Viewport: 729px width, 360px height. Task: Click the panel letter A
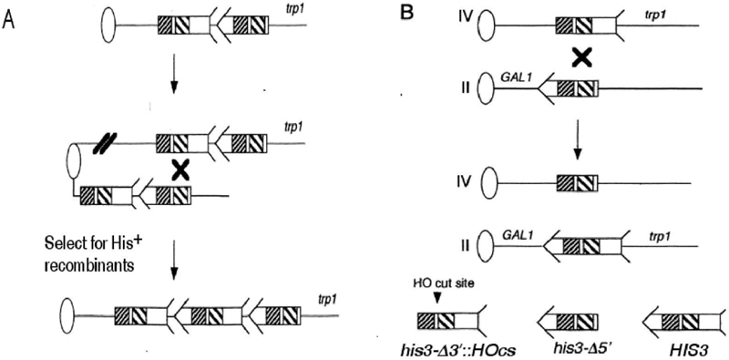(9, 20)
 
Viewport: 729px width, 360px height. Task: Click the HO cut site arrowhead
(436, 300)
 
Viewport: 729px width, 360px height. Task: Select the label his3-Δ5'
(571, 346)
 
